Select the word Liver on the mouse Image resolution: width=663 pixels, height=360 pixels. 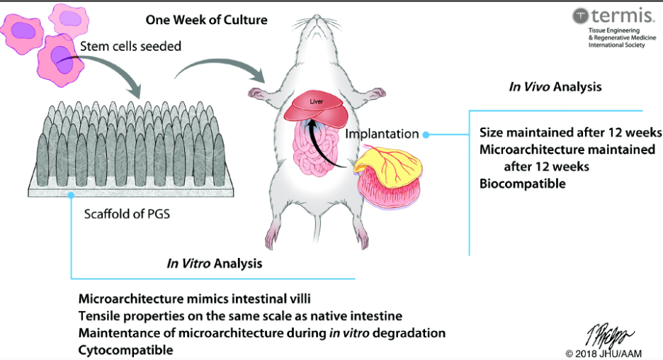[x=316, y=101]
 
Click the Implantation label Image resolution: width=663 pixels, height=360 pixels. [x=382, y=133]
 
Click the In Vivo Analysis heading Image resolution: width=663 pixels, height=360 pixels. [x=555, y=87]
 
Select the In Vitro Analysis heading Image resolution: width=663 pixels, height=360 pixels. [x=214, y=264]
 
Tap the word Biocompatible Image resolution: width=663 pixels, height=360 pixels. [x=523, y=184]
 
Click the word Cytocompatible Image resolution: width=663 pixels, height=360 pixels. [x=125, y=350]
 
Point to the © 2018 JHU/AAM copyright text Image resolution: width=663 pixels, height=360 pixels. [x=610, y=352]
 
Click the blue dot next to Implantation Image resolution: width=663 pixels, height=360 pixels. [x=425, y=133]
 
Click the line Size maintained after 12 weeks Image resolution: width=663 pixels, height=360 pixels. [x=570, y=133]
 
